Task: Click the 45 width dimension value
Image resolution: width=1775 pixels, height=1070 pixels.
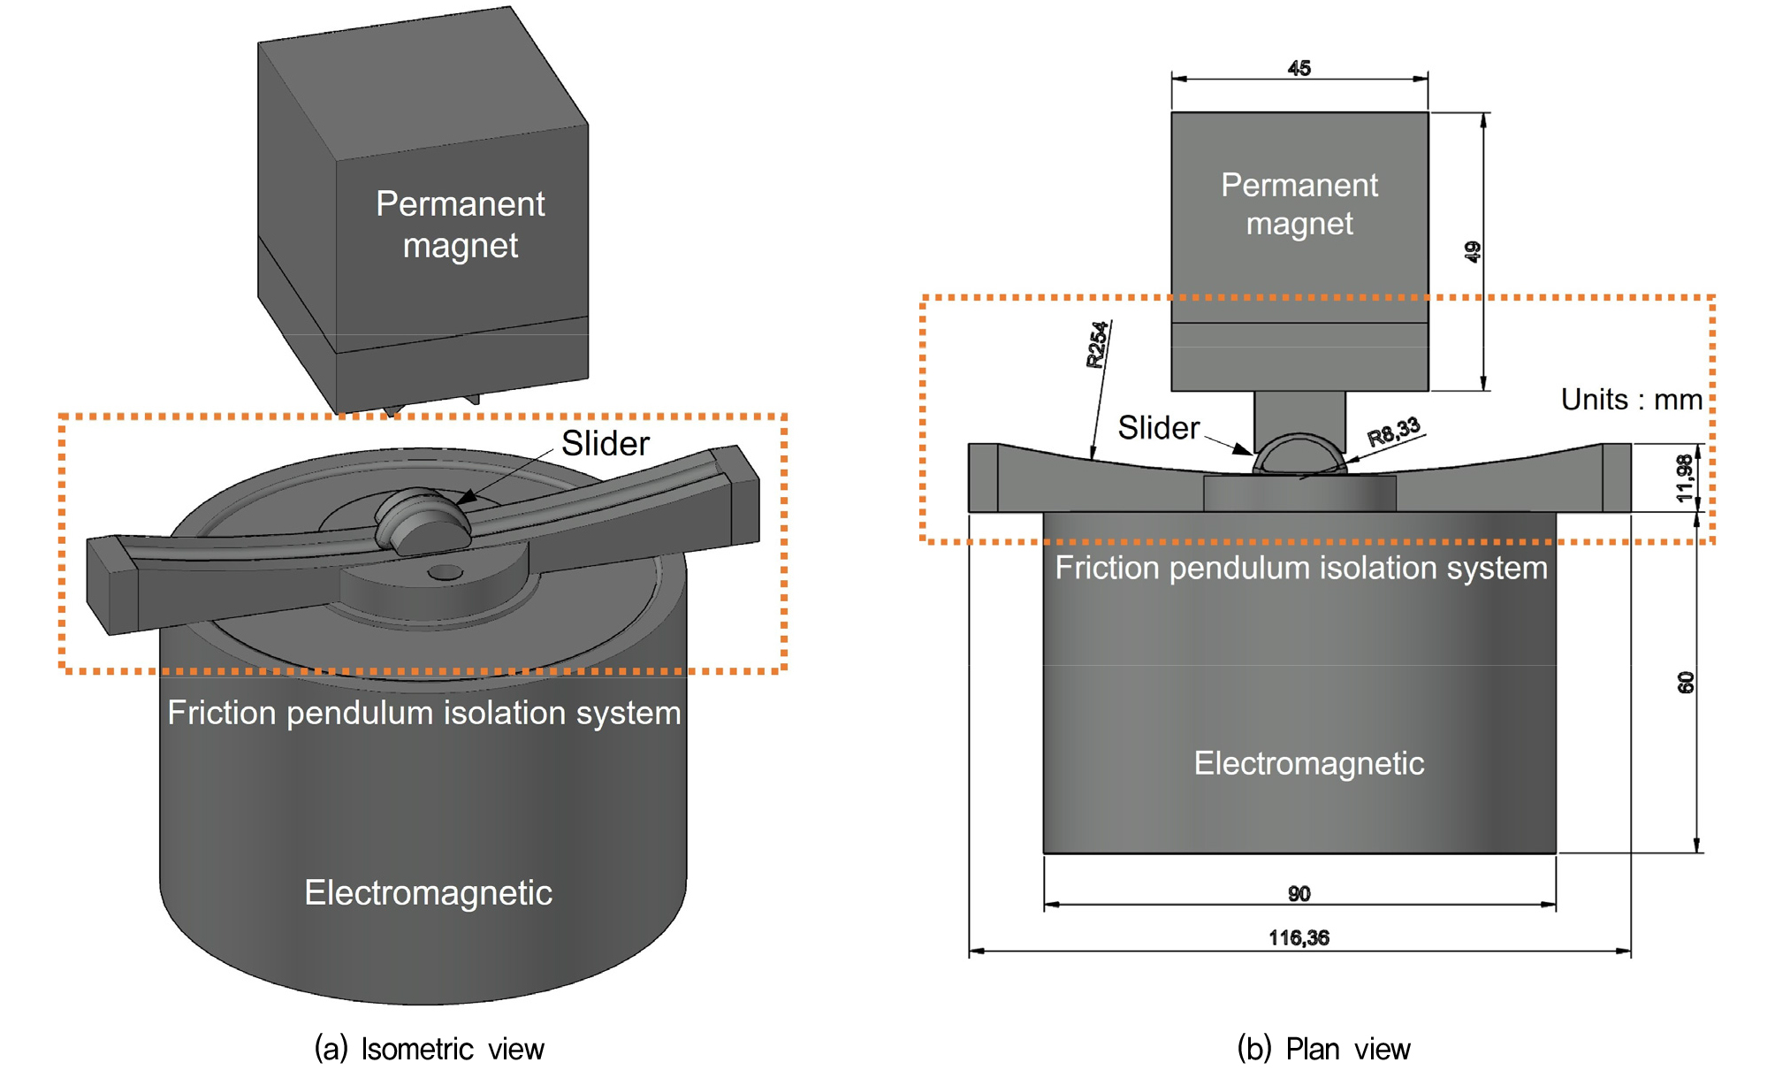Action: (x=1299, y=68)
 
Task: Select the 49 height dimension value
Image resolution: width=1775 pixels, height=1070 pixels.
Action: (x=1472, y=252)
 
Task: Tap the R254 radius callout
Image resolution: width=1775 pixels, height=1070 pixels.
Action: (x=1097, y=345)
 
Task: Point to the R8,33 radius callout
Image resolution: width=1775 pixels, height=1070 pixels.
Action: (x=1394, y=432)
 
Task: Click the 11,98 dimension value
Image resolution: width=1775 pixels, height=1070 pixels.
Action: (x=1685, y=478)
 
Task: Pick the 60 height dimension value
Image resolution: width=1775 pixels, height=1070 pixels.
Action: (x=1686, y=683)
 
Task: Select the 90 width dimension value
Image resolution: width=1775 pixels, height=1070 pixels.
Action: (x=1299, y=893)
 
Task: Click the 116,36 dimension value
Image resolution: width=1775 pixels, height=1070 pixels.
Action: (x=1299, y=937)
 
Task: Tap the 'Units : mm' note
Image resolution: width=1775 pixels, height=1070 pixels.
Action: (x=1632, y=400)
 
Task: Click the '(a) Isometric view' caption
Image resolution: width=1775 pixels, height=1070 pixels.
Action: (x=430, y=1049)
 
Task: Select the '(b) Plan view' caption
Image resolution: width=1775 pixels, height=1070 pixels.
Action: (x=1323, y=1049)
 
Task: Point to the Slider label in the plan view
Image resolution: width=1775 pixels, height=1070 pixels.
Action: (x=1159, y=428)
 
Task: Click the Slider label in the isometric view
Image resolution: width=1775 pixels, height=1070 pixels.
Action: (x=606, y=444)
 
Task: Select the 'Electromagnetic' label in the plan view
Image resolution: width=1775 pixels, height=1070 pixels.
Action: (x=1309, y=763)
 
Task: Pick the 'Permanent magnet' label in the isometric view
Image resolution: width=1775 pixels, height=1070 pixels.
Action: (x=461, y=225)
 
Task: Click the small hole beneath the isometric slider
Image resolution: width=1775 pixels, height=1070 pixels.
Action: (x=446, y=573)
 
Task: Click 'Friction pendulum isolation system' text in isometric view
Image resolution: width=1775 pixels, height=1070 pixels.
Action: (x=424, y=713)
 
